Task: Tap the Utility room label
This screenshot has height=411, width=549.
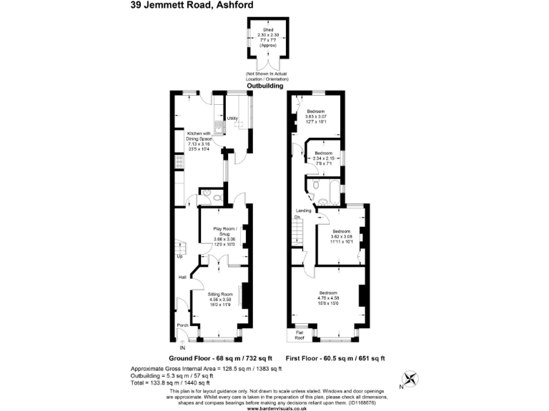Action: coord(232,118)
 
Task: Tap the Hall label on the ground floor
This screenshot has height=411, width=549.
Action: coord(182,277)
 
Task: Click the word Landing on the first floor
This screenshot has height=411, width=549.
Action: coord(303,210)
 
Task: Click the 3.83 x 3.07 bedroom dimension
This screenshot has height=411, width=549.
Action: coord(316,117)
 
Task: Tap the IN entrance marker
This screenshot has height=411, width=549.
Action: coord(183,347)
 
